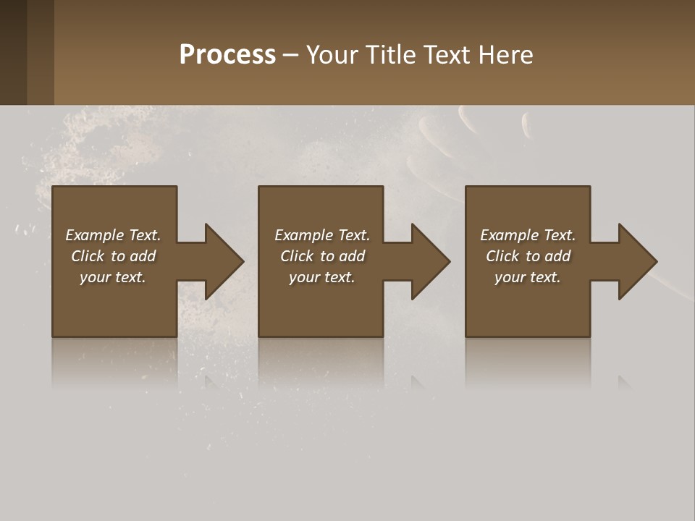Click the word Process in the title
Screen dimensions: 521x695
[x=227, y=55]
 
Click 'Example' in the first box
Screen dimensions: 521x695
[x=95, y=235]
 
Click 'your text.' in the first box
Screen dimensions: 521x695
[x=113, y=277]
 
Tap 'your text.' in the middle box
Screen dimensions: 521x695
[x=322, y=277]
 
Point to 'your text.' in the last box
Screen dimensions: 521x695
[x=528, y=277]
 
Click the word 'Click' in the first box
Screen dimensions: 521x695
[x=88, y=256]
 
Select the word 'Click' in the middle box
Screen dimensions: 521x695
[x=297, y=256]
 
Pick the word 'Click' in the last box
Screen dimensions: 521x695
[x=502, y=256]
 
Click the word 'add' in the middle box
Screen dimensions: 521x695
[x=352, y=256]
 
